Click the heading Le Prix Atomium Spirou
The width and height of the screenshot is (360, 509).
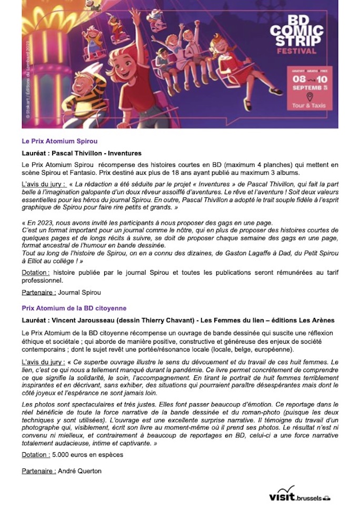pos(59,141)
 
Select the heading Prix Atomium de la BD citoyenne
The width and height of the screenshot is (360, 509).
pos(74,308)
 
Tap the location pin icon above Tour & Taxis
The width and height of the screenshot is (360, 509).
pos(309,97)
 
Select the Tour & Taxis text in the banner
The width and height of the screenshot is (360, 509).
pos(309,105)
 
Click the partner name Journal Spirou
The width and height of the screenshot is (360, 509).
pos(79,292)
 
